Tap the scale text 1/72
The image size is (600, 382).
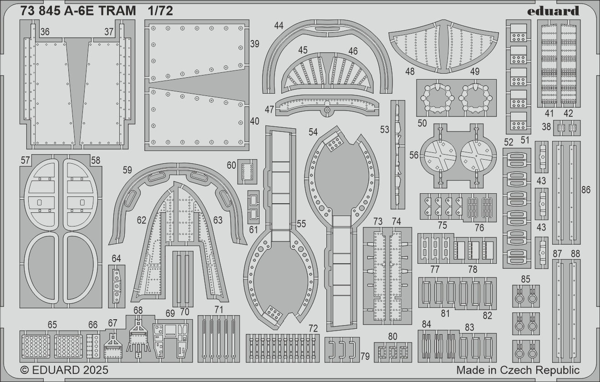point(160,11)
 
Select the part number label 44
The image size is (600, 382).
point(279,25)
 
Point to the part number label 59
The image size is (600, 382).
point(127,170)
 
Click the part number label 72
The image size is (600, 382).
point(313,328)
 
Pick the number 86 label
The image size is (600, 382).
point(586,190)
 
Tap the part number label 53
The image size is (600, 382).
point(384,130)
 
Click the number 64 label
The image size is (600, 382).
point(116,259)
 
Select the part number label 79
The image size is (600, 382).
point(365,357)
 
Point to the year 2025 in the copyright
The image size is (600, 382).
point(96,370)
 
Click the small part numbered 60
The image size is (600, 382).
point(247,172)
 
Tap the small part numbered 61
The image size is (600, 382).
point(254,207)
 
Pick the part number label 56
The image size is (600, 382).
point(414,155)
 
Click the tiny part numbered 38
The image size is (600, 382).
point(567,128)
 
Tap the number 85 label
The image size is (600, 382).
point(525,279)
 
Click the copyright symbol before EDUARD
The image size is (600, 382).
point(25,371)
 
